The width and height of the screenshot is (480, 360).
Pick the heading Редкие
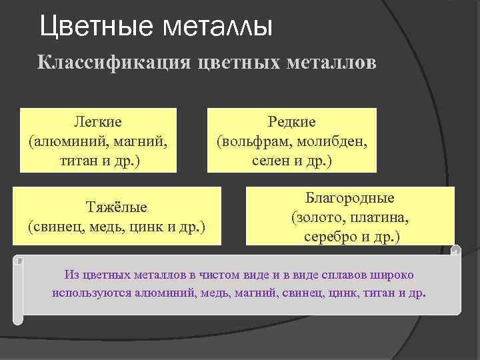click(291, 121)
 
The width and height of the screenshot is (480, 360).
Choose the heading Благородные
click(350, 198)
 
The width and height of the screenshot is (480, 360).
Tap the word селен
click(270, 162)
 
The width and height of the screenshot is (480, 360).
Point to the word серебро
click(329, 237)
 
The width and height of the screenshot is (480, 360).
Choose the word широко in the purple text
click(397, 274)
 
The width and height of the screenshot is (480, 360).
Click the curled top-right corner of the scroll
click(456, 251)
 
